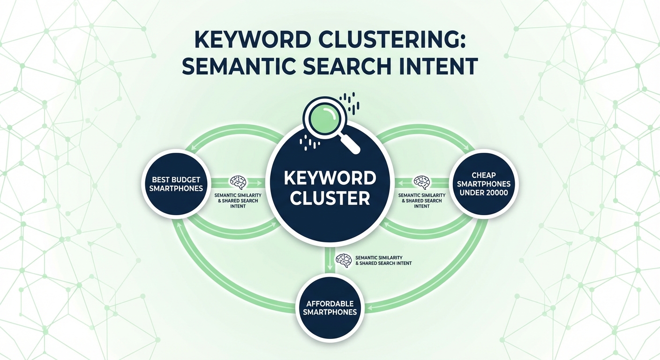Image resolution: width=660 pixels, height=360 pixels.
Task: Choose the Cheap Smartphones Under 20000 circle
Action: click(484, 184)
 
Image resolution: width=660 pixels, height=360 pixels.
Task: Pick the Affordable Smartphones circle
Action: click(330, 307)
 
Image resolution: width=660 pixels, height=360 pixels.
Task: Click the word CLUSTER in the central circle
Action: click(330, 198)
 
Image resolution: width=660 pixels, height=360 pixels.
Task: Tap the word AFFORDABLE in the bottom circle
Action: click(330, 303)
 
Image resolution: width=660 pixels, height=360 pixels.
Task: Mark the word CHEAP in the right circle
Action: click(484, 175)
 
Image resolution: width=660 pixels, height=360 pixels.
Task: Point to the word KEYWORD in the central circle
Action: click(330, 178)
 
